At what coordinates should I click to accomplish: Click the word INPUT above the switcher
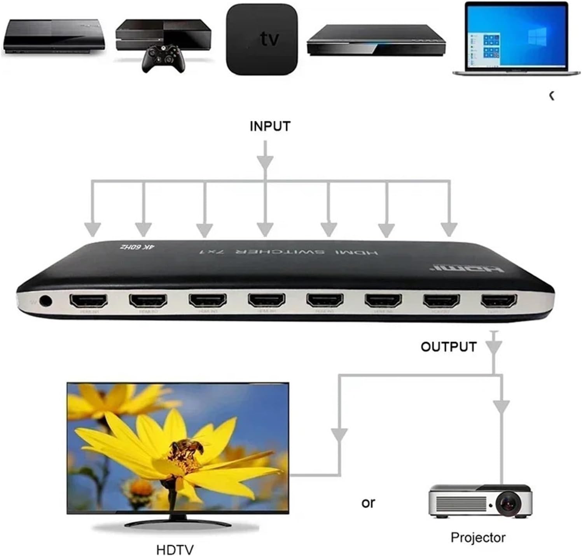tap(270, 126)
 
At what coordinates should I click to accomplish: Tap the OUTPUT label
tap(448, 346)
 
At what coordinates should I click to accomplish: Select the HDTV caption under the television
tap(175, 550)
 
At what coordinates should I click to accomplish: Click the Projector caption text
tap(478, 537)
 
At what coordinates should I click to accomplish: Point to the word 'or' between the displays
tap(368, 503)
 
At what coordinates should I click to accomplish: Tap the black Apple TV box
tap(262, 39)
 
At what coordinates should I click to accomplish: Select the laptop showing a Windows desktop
tap(516, 39)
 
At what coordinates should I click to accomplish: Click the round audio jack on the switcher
tap(45, 301)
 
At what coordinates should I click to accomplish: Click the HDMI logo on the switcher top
tap(467, 268)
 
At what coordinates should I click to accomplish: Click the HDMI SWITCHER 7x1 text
tap(288, 252)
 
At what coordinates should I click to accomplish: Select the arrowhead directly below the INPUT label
tap(265, 161)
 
